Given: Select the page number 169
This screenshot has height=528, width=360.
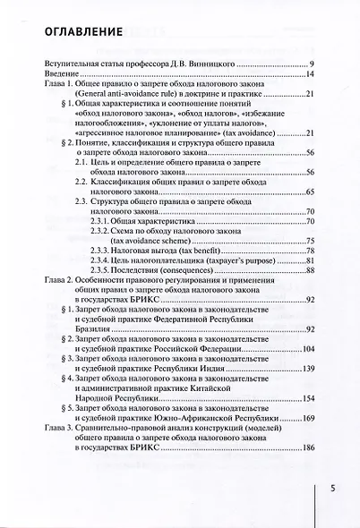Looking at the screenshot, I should [x=305, y=418].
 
